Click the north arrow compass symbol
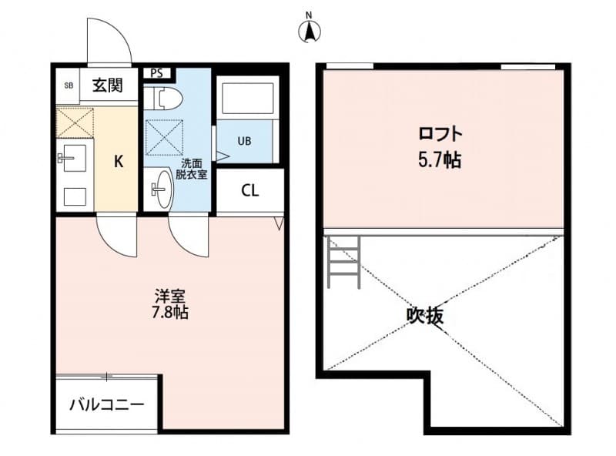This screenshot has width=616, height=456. point(310,30)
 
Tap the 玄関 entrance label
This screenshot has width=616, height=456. point(109,85)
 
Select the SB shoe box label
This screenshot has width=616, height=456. point(69,86)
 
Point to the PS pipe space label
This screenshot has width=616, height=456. point(157,74)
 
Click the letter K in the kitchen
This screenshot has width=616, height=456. point(119,161)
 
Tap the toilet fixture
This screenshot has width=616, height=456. point(166,98)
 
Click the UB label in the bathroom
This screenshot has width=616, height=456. point(244,141)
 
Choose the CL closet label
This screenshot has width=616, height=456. point(249,191)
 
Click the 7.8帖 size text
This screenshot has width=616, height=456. point(170,313)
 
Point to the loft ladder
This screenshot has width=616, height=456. point(343,262)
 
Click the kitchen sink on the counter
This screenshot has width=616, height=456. point(74,159)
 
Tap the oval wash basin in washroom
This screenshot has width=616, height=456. point(162,187)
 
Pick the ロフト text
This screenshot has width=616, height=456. point(440,134)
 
